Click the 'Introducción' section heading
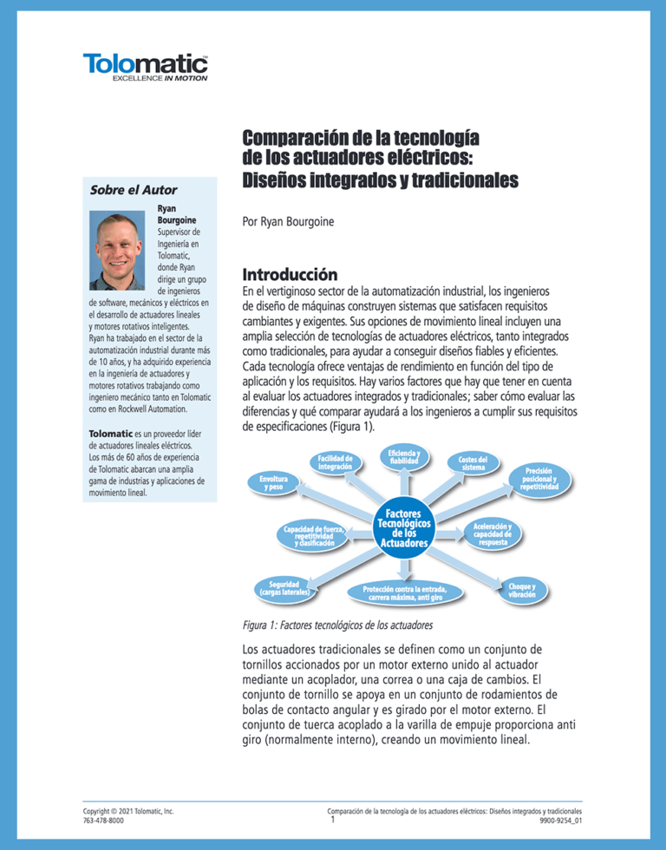pyautogui.click(x=290, y=274)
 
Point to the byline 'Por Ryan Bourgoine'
pyautogui.click(x=290, y=222)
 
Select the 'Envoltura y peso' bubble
pyautogui.click(x=272, y=483)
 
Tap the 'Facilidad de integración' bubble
pyautogui.click(x=334, y=462)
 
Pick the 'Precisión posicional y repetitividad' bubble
pyautogui.click(x=545, y=479)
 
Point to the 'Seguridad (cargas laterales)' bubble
pyautogui.click(x=284, y=589)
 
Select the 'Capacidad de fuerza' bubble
pyautogui.click(x=313, y=536)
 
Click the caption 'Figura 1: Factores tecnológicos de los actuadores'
pyautogui.click(x=337, y=624)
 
